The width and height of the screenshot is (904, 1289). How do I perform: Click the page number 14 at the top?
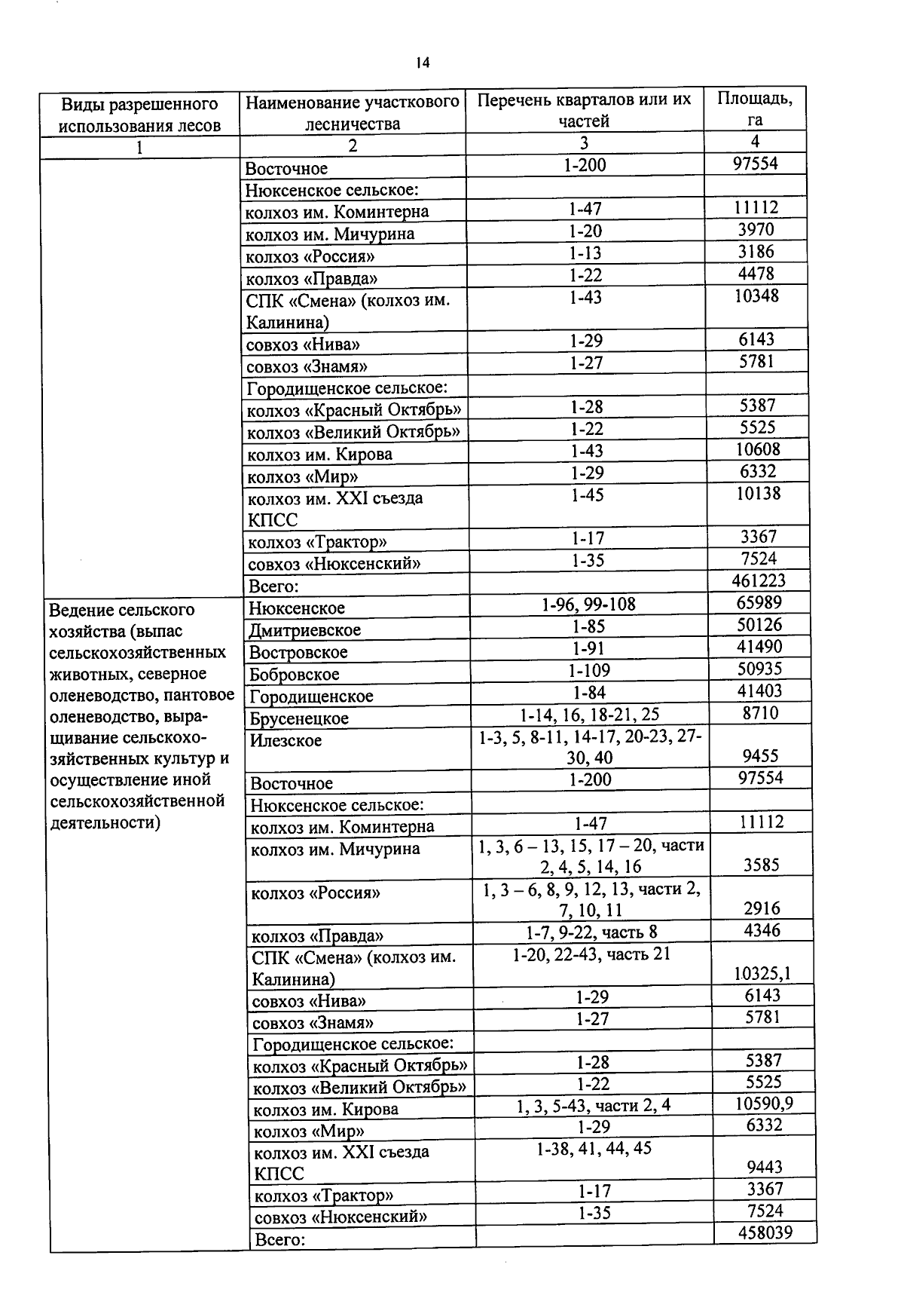pos(422,63)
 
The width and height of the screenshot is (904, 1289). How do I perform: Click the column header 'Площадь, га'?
pos(755,109)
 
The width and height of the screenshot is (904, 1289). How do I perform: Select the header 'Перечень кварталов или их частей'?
pos(585,110)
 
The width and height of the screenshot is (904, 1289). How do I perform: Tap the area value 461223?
pos(758,580)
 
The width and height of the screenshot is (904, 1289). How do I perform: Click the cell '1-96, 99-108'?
pos(588,604)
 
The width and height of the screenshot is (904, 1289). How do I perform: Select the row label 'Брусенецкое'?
pos(299,718)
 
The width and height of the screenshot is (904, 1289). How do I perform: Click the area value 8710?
pos(760,713)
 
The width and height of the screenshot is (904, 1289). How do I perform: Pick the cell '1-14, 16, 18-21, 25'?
pos(590,714)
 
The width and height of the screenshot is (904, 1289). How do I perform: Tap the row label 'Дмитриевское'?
pos(305,629)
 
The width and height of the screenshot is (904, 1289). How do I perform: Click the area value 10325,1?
pos(762,973)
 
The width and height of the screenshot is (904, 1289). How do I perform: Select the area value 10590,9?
pos(764,1104)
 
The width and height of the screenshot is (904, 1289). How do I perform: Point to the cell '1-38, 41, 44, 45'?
pos(594,1148)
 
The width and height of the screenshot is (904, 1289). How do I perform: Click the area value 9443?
pos(765,1167)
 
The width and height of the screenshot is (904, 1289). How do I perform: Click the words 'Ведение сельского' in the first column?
pos(121,609)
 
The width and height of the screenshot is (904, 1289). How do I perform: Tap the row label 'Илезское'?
pos(286,740)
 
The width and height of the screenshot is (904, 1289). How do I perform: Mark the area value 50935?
pos(760,669)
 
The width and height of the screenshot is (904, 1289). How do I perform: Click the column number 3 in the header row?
pos(584,142)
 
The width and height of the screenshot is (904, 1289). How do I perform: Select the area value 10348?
pos(756,295)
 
